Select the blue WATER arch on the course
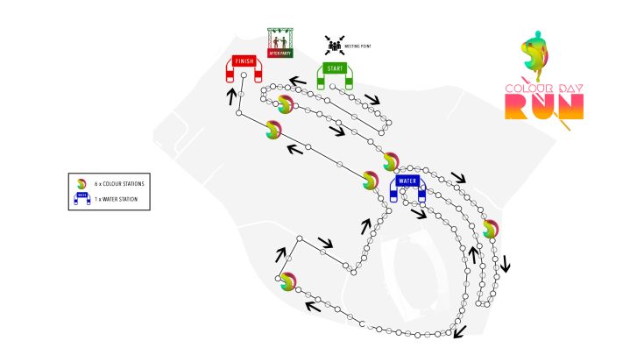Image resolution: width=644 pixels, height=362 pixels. [407, 183]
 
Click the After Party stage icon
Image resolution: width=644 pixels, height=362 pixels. [280, 42]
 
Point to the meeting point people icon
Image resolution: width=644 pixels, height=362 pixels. [334, 43]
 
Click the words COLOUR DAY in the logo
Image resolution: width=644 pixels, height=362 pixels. [543, 88]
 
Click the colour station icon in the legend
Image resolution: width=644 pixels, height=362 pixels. [81, 182]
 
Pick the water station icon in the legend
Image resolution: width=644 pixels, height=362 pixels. [81, 200]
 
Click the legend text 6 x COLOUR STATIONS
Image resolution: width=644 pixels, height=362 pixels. [119, 182]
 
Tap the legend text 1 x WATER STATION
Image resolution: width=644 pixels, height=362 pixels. [116, 200]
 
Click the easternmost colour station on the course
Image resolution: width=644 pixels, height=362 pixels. [490, 229]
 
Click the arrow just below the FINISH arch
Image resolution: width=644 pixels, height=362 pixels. [231, 94]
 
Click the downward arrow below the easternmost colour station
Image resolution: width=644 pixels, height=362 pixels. [506, 262]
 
